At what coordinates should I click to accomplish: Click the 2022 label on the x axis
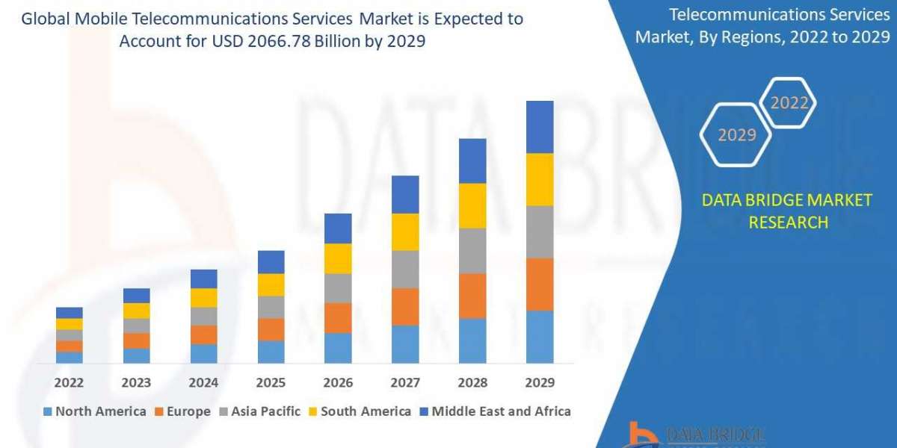[69, 383]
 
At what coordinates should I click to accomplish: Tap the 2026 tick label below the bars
[338, 383]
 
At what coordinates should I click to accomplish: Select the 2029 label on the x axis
[540, 383]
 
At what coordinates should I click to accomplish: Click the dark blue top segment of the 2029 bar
[540, 127]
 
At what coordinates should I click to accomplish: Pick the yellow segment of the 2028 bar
[472, 205]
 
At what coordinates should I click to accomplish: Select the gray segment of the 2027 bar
[405, 269]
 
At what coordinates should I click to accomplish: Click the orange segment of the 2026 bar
[338, 317]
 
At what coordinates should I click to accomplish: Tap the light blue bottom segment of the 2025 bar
[271, 352]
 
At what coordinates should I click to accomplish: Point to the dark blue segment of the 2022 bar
[69, 312]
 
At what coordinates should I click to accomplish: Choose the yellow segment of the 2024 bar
[203, 297]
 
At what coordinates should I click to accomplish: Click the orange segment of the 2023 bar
[136, 340]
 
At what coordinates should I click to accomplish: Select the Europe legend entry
[182, 411]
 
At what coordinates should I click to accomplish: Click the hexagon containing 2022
[789, 103]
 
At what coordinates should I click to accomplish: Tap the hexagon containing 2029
[736, 134]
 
